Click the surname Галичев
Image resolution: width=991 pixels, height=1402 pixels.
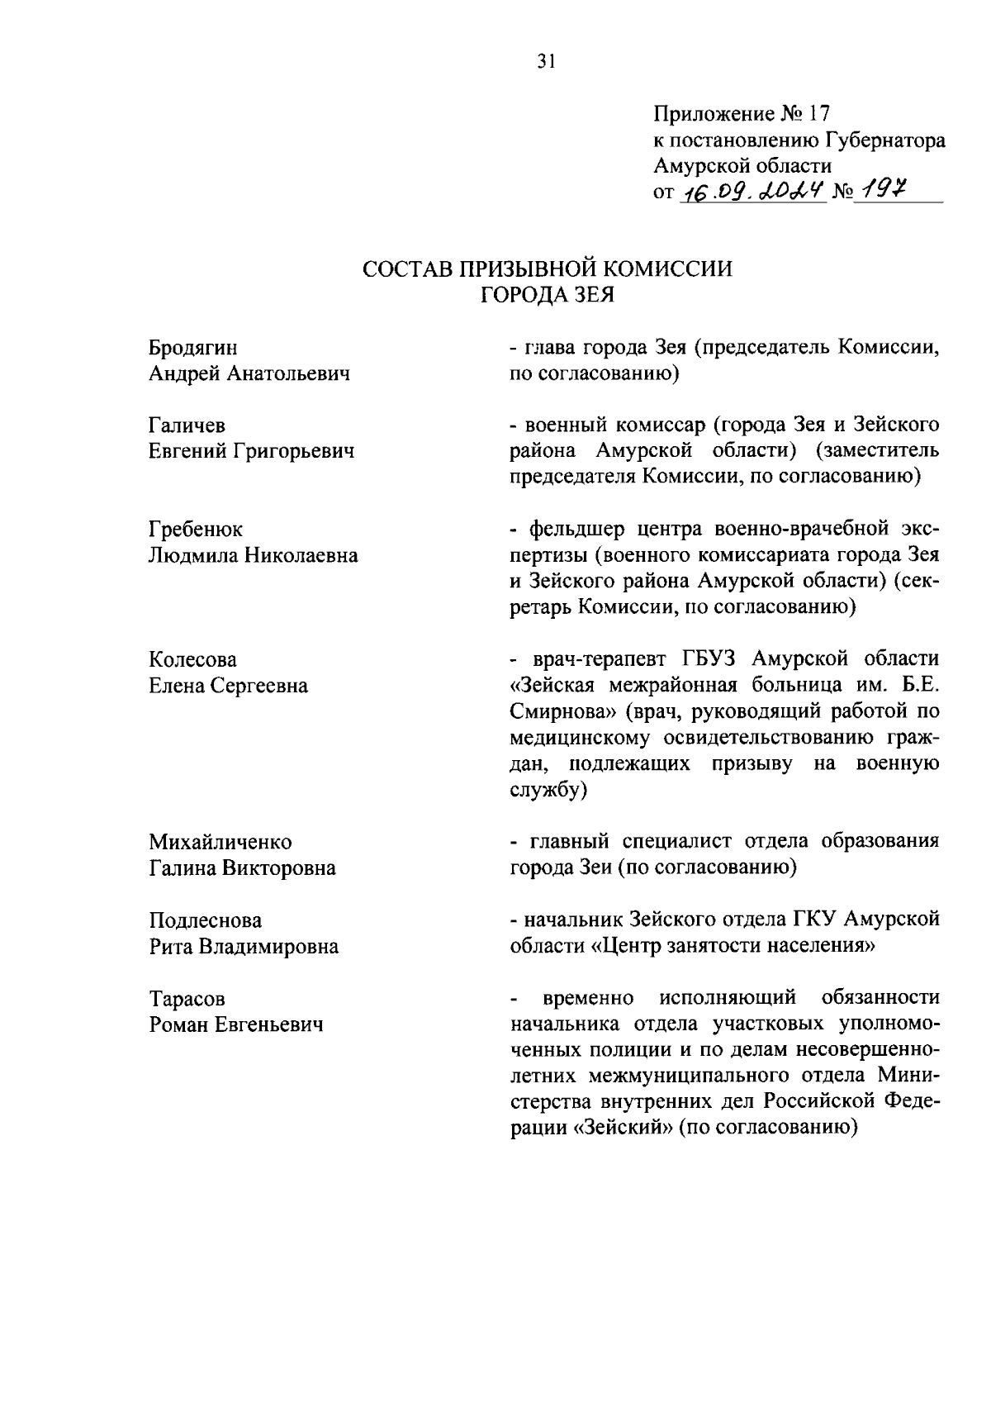coord(187,425)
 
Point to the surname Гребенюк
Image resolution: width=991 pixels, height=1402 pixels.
coord(196,529)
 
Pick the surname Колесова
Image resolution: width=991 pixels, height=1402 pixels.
coord(192,659)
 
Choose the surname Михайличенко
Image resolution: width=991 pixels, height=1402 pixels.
coord(220,842)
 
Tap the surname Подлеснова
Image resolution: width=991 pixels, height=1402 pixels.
coord(206,920)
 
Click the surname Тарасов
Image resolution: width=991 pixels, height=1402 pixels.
coord(187,999)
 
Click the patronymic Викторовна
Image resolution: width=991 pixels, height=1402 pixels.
coord(282,868)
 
